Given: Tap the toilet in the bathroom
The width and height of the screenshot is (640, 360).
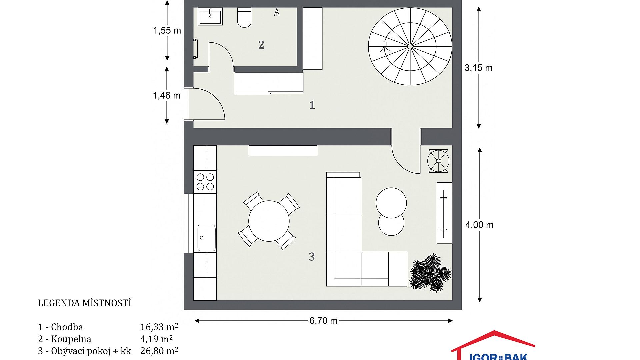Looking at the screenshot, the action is (244, 17).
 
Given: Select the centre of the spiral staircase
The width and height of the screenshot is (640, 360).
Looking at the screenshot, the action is (410, 46).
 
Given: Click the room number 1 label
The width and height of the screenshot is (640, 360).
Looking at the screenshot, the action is (312, 105).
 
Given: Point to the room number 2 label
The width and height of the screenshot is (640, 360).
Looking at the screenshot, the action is (261, 45).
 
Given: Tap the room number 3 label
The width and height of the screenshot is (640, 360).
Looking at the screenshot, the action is (312, 257).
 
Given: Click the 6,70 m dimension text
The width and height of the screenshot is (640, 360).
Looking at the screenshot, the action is (323, 321).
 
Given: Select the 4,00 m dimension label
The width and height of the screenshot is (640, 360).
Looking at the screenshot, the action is (479, 225).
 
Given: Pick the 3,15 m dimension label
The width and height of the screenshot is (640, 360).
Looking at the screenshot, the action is (478, 68).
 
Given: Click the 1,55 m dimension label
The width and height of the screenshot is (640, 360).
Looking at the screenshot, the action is (167, 31).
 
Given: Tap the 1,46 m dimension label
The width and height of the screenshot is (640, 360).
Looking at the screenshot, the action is (167, 96).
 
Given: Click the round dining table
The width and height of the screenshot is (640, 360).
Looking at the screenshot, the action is (269, 221).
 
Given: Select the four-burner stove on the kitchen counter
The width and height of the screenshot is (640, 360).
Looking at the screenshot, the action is (205, 181).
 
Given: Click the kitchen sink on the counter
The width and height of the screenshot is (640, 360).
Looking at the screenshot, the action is (206, 238).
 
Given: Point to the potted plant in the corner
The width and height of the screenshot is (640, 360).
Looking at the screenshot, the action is (430, 273).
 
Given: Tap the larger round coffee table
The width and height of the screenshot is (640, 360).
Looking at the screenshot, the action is (391, 202).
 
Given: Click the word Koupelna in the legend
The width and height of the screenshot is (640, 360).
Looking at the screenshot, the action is (71, 339).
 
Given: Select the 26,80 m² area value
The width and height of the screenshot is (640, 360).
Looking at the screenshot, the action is (159, 351).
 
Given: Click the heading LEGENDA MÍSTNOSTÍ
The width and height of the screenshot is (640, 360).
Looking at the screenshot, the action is (85, 303).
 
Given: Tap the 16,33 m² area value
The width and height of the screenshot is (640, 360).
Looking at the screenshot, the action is (159, 327).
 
